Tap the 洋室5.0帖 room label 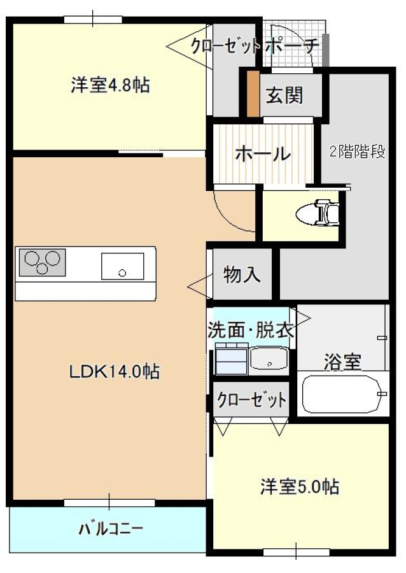point(298,487)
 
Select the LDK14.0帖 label point(114,371)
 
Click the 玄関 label point(284,95)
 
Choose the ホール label point(263,153)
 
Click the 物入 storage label point(242,274)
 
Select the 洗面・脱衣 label point(251,330)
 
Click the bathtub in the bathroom point(342,395)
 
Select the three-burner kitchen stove point(43,262)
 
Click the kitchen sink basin point(122,265)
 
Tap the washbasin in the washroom point(269,358)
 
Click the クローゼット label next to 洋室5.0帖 point(251,400)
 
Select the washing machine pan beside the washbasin point(231,359)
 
